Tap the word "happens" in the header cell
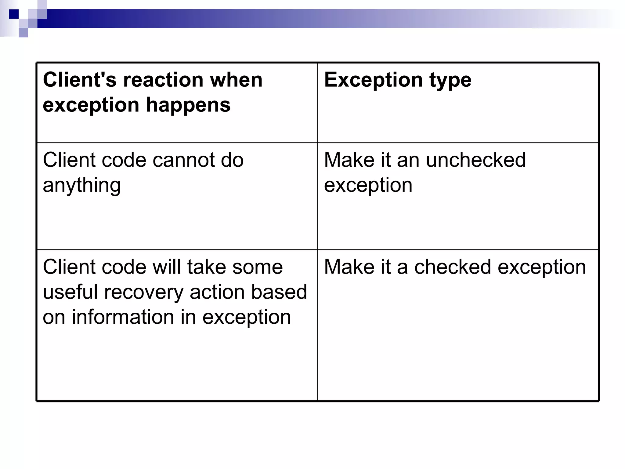pyautogui.click(x=188, y=105)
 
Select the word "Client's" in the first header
pyautogui.click(x=80, y=80)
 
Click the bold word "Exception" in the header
pyautogui.click(x=373, y=80)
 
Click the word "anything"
pyautogui.click(x=82, y=186)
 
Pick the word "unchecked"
pyautogui.click(x=476, y=160)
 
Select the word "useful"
pyautogui.click(x=71, y=292)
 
